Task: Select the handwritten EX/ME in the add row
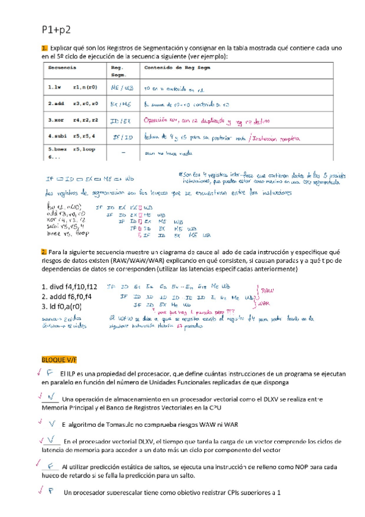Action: (x=121, y=104)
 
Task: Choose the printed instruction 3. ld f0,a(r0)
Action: (x=63, y=307)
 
